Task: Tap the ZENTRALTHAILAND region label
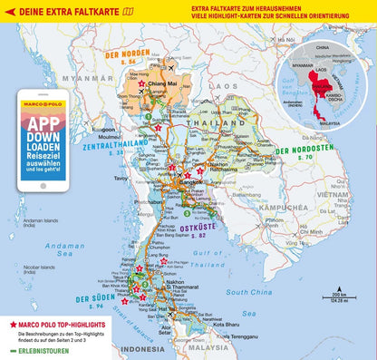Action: [101, 143]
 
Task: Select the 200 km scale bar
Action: [338, 296]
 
